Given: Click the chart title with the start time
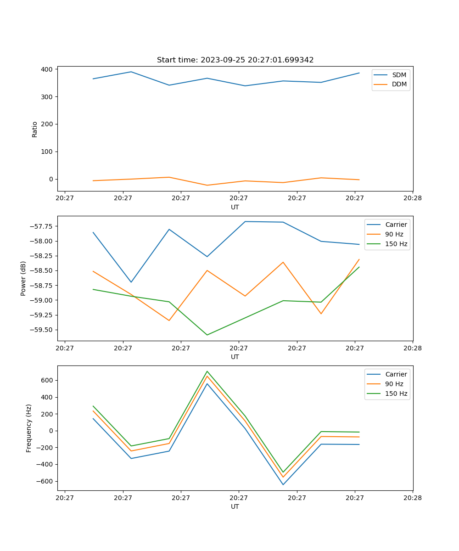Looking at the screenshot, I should coord(235,60).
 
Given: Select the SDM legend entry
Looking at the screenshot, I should coord(399,75).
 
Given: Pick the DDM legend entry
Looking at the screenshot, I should coord(399,84).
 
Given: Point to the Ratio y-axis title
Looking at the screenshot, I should coord(35,129).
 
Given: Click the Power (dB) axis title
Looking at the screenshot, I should coord(23,278).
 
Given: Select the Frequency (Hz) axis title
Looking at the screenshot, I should coord(29,428).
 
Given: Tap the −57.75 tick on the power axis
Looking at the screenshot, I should coord(41,226).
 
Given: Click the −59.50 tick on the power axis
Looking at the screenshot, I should coord(41,330).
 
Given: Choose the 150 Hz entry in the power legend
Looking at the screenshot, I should coord(396,244).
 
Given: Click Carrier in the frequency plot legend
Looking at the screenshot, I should coord(396,374).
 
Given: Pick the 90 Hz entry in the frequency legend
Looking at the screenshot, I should coord(394,384).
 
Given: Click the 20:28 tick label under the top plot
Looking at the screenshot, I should coord(412,198).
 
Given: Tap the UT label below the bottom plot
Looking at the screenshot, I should coord(235,506).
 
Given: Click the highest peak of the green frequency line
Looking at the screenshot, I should coord(207,371).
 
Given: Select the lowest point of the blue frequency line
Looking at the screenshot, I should coord(283,484).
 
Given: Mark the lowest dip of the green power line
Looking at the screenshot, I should coord(207,335).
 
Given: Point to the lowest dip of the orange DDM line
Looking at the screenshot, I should coord(207,185).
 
